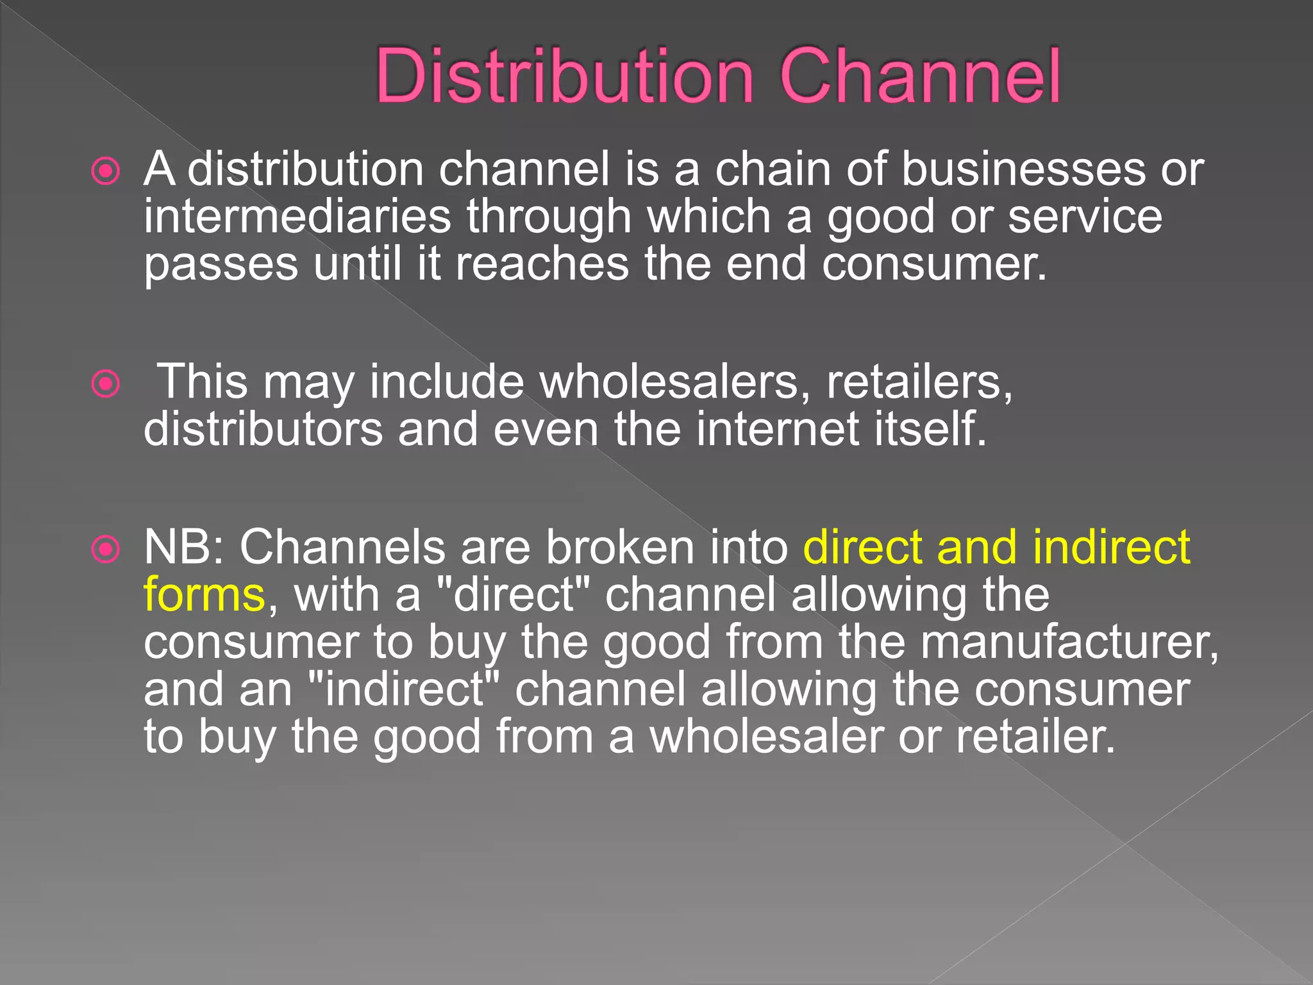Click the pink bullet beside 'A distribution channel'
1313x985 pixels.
point(106,171)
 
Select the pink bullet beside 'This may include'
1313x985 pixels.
point(106,384)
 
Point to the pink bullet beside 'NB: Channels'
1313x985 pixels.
point(106,550)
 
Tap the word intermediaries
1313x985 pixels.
point(297,216)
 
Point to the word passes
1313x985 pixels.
point(221,264)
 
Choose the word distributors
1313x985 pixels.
point(263,429)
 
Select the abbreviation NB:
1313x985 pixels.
point(183,548)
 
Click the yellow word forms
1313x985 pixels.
point(204,595)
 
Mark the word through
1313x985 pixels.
point(549,217)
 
